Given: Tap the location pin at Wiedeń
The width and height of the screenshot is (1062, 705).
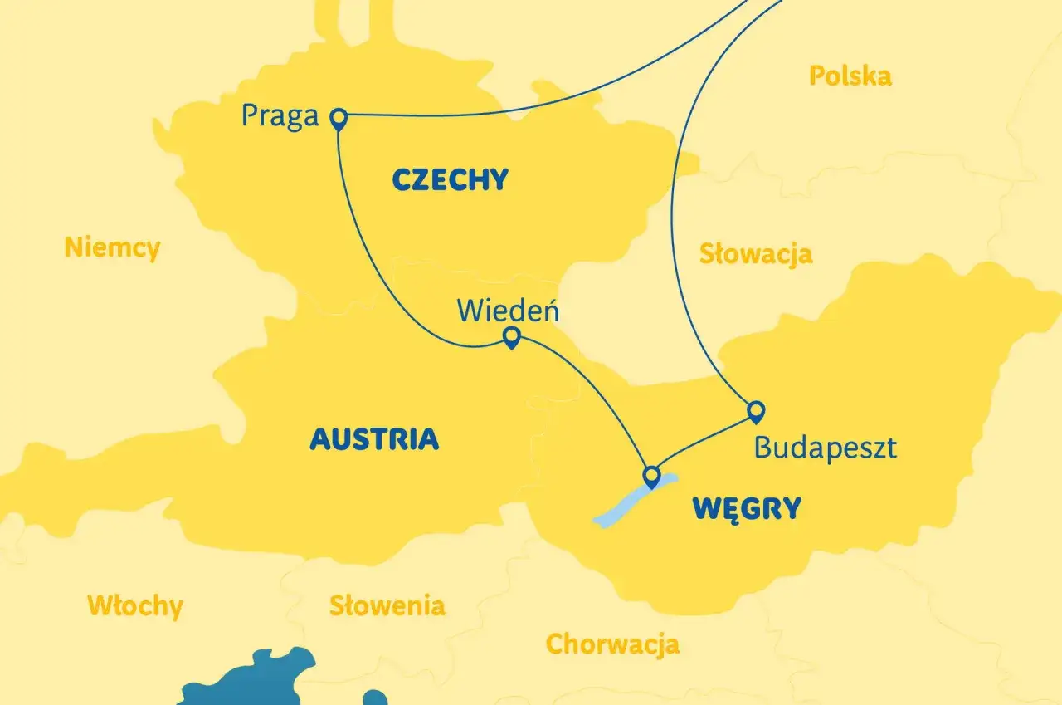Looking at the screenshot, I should coord(512,335).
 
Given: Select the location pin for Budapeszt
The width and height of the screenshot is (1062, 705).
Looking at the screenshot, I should coord(756,410).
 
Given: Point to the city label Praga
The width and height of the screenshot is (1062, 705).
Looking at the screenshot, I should coord(280,115).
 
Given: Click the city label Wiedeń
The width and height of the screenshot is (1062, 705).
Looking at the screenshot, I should coord(508,311).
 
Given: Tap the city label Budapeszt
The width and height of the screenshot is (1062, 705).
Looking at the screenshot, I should coord(825,448).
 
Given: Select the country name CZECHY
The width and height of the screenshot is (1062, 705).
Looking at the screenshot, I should coord(449,179).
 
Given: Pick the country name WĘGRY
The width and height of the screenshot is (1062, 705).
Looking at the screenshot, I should coord(747,508).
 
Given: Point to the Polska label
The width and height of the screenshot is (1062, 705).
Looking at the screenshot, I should coord(850,76).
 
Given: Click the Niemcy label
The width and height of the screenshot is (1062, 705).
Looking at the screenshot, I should coord(112,247).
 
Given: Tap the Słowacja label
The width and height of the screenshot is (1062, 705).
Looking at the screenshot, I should coord(755,253).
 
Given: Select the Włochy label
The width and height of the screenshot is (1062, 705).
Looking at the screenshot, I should coord(134,605).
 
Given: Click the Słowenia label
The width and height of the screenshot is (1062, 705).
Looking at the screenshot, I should coord(387,605).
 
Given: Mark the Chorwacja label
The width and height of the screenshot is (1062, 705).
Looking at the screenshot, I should coord(612,644).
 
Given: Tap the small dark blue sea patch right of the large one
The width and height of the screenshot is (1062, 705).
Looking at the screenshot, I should coord(375,698).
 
